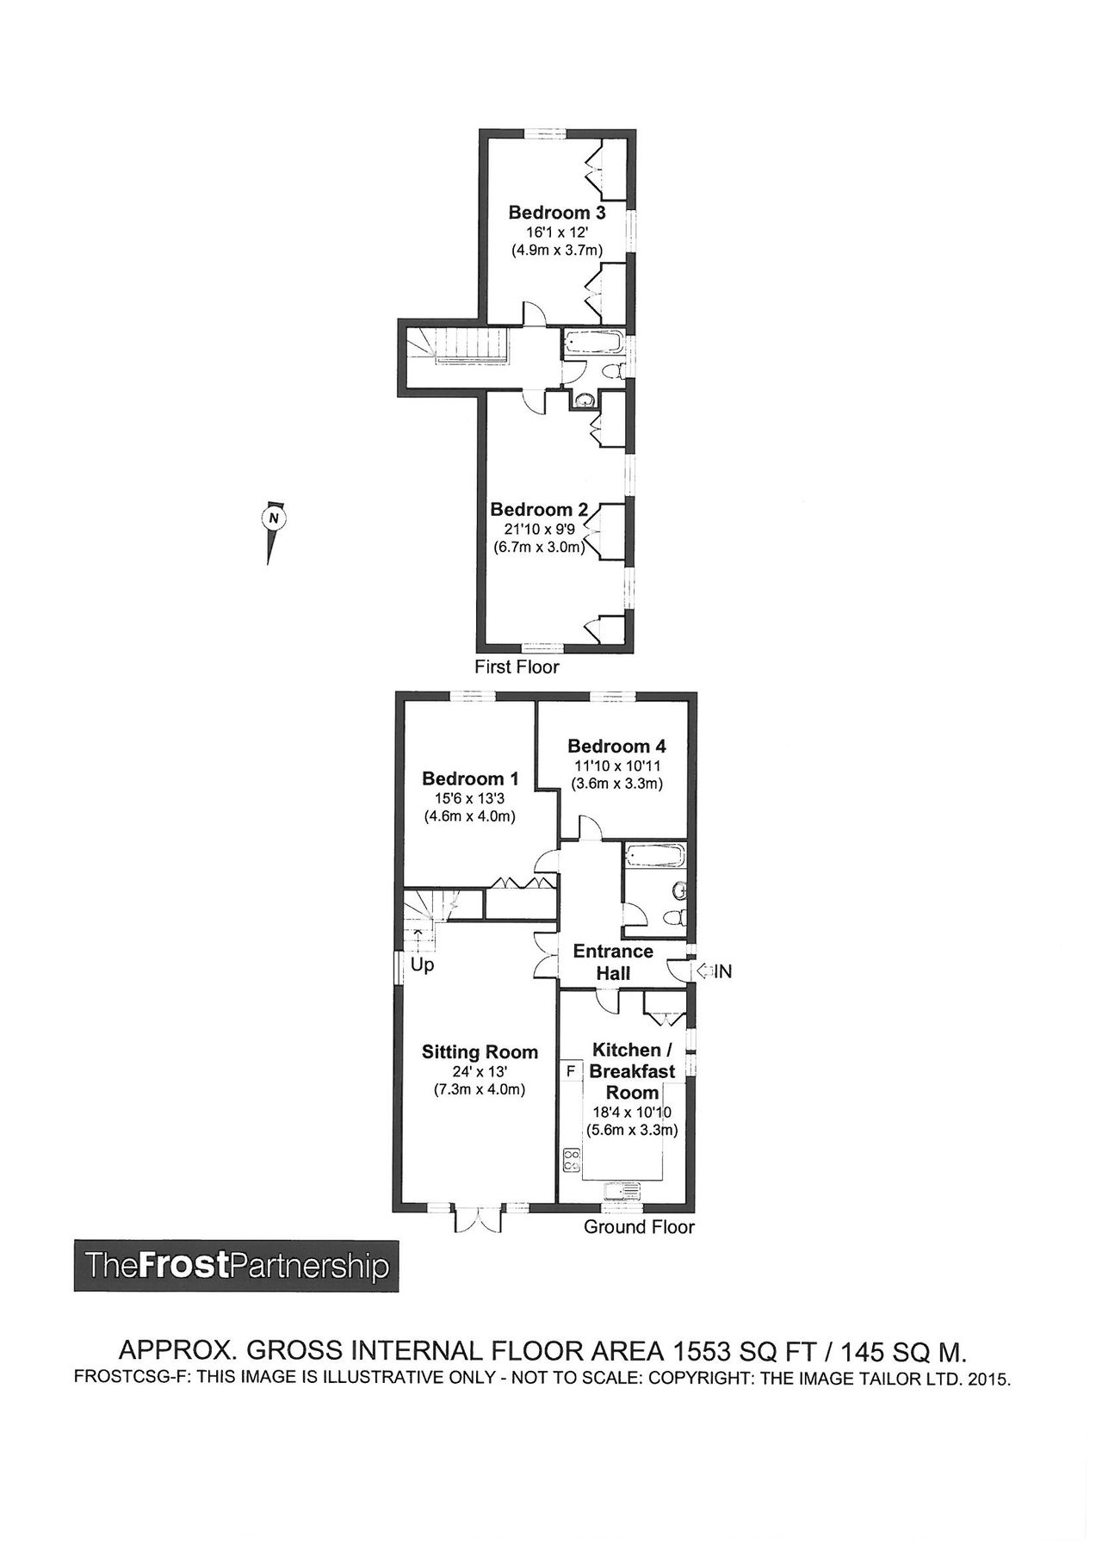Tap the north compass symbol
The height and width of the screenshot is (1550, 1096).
pos(273,518)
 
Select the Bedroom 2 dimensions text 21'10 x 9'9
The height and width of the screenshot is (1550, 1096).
pos(538,529)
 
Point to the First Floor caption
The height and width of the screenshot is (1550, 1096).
pos(517,666)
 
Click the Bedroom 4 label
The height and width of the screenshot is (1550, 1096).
pos(616,746)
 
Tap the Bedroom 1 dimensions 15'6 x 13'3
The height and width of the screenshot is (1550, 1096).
pos(469,798)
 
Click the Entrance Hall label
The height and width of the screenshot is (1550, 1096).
pos(613,962)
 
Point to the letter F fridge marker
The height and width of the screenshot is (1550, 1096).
pos(570,1071)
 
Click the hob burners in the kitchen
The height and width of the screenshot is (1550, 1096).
pos(571,1160)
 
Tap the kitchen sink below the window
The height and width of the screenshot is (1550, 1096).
pos(623,1191)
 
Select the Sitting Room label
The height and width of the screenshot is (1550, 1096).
pos(480,1051)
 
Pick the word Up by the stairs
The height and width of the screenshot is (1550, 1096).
pos(422,965)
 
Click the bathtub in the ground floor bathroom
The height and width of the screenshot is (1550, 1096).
pos(654,857)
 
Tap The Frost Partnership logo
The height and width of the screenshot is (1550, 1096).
pos(236,1266)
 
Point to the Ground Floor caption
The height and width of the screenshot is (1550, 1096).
pos(639,1226)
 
